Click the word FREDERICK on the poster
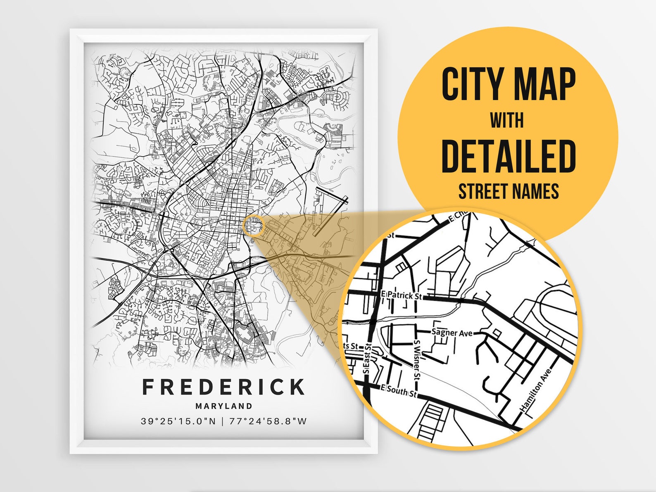pos(223,387)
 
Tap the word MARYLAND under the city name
pos(223,406)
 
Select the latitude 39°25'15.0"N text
pos(178,421)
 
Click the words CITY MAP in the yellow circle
pos(509,84)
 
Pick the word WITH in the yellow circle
pos(507,121)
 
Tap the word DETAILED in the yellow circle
pos(509,156)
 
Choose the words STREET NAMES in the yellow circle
pos(509,191)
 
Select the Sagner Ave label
pos(452,333)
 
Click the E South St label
pos(399,390)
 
